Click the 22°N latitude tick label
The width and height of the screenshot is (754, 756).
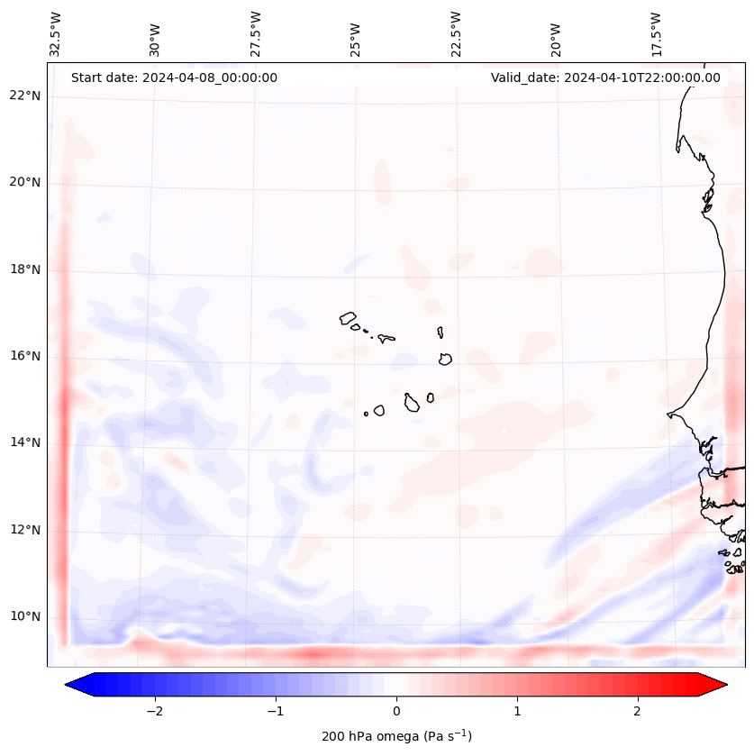coord(25,96)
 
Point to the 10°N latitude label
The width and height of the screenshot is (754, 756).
coord(25,617)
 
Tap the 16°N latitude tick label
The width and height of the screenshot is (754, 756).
coord(25,357)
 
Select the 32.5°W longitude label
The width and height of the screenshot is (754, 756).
coord(56,33)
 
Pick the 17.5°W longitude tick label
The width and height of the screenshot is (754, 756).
coord(656,33)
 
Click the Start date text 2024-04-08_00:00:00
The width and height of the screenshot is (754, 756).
coord(174,77)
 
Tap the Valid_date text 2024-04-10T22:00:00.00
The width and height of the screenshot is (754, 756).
coord(605,77)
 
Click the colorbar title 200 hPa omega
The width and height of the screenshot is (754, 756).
coord(396,736)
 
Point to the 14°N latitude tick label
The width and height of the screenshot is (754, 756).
coord(25,443)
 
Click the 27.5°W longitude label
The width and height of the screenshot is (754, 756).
coord(256,33)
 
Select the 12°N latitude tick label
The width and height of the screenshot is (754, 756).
coord(25,531)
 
